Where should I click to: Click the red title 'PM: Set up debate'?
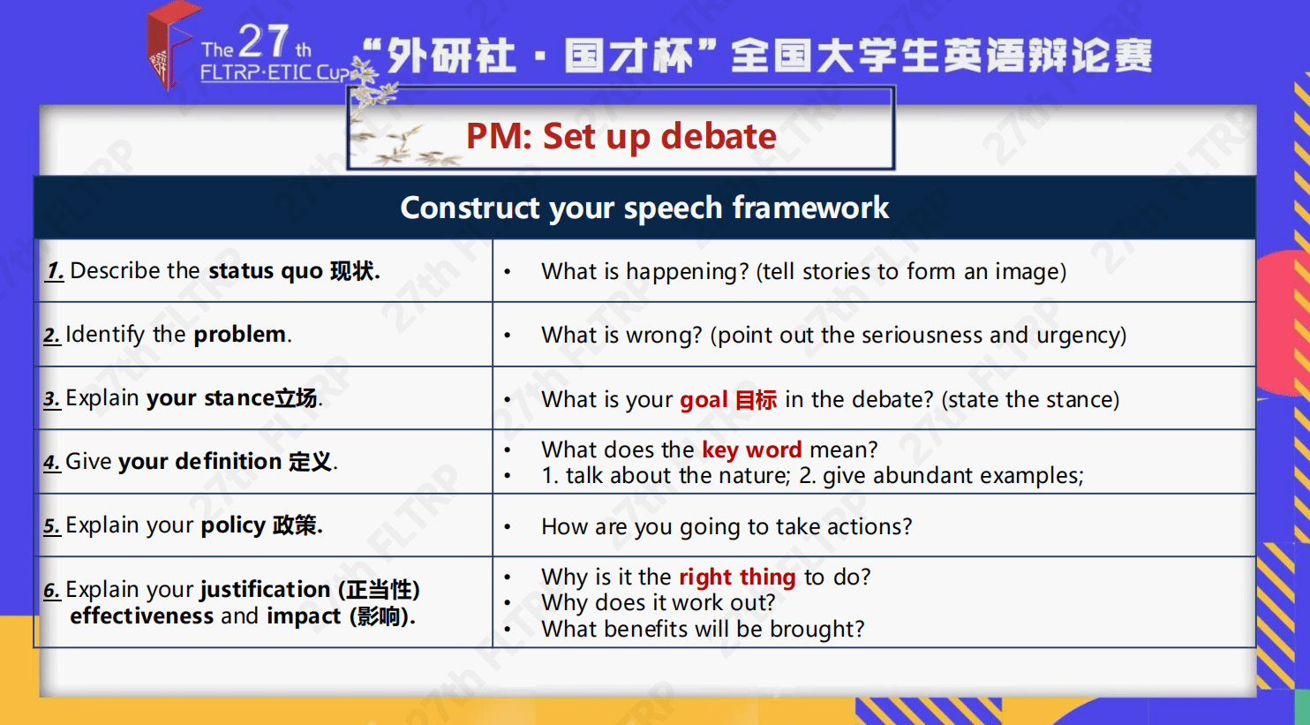point(621,137)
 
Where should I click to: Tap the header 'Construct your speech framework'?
point(644,208)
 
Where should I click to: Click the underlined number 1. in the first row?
point(55,271)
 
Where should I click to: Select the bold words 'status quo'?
point(266,271)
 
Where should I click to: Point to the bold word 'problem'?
point(240,334)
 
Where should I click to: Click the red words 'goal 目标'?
point(728,400)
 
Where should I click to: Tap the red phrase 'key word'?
point(751,450)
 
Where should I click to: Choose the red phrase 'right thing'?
point(737,578)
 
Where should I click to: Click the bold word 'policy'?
point(233,525)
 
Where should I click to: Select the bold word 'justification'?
point(265,589)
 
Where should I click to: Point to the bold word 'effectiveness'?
point(141,616)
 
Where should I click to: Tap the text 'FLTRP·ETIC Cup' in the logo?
point(275,72)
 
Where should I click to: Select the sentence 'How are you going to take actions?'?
point(727,526)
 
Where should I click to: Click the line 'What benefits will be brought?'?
point(703,629)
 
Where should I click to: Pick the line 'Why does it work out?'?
point(658,603)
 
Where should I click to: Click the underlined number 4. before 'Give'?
point(52,462)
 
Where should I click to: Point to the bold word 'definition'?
point(228,462)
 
